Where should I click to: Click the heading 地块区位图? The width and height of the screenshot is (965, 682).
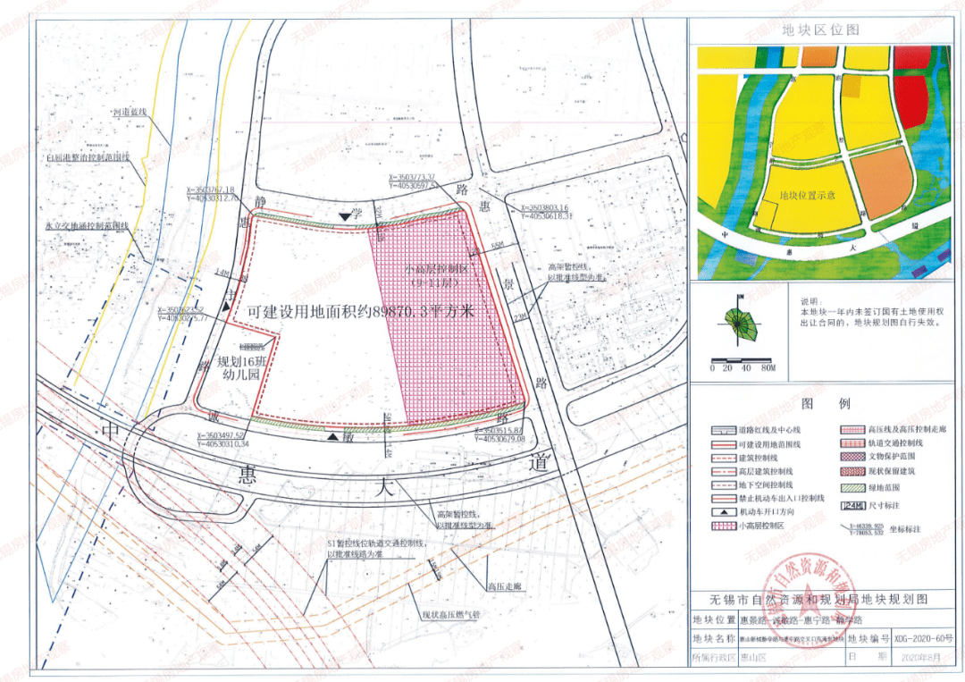point(820,29)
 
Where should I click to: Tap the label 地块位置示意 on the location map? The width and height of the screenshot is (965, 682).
point(807,194)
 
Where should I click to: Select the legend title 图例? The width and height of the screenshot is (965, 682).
point(819,403)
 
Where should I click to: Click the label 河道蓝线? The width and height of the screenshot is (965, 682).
point(130,113)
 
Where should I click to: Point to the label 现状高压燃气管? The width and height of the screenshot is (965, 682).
point(452,615)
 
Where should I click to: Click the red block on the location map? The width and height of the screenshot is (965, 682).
point(911,100)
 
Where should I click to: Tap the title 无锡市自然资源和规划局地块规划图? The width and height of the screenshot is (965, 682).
point(819,598)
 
